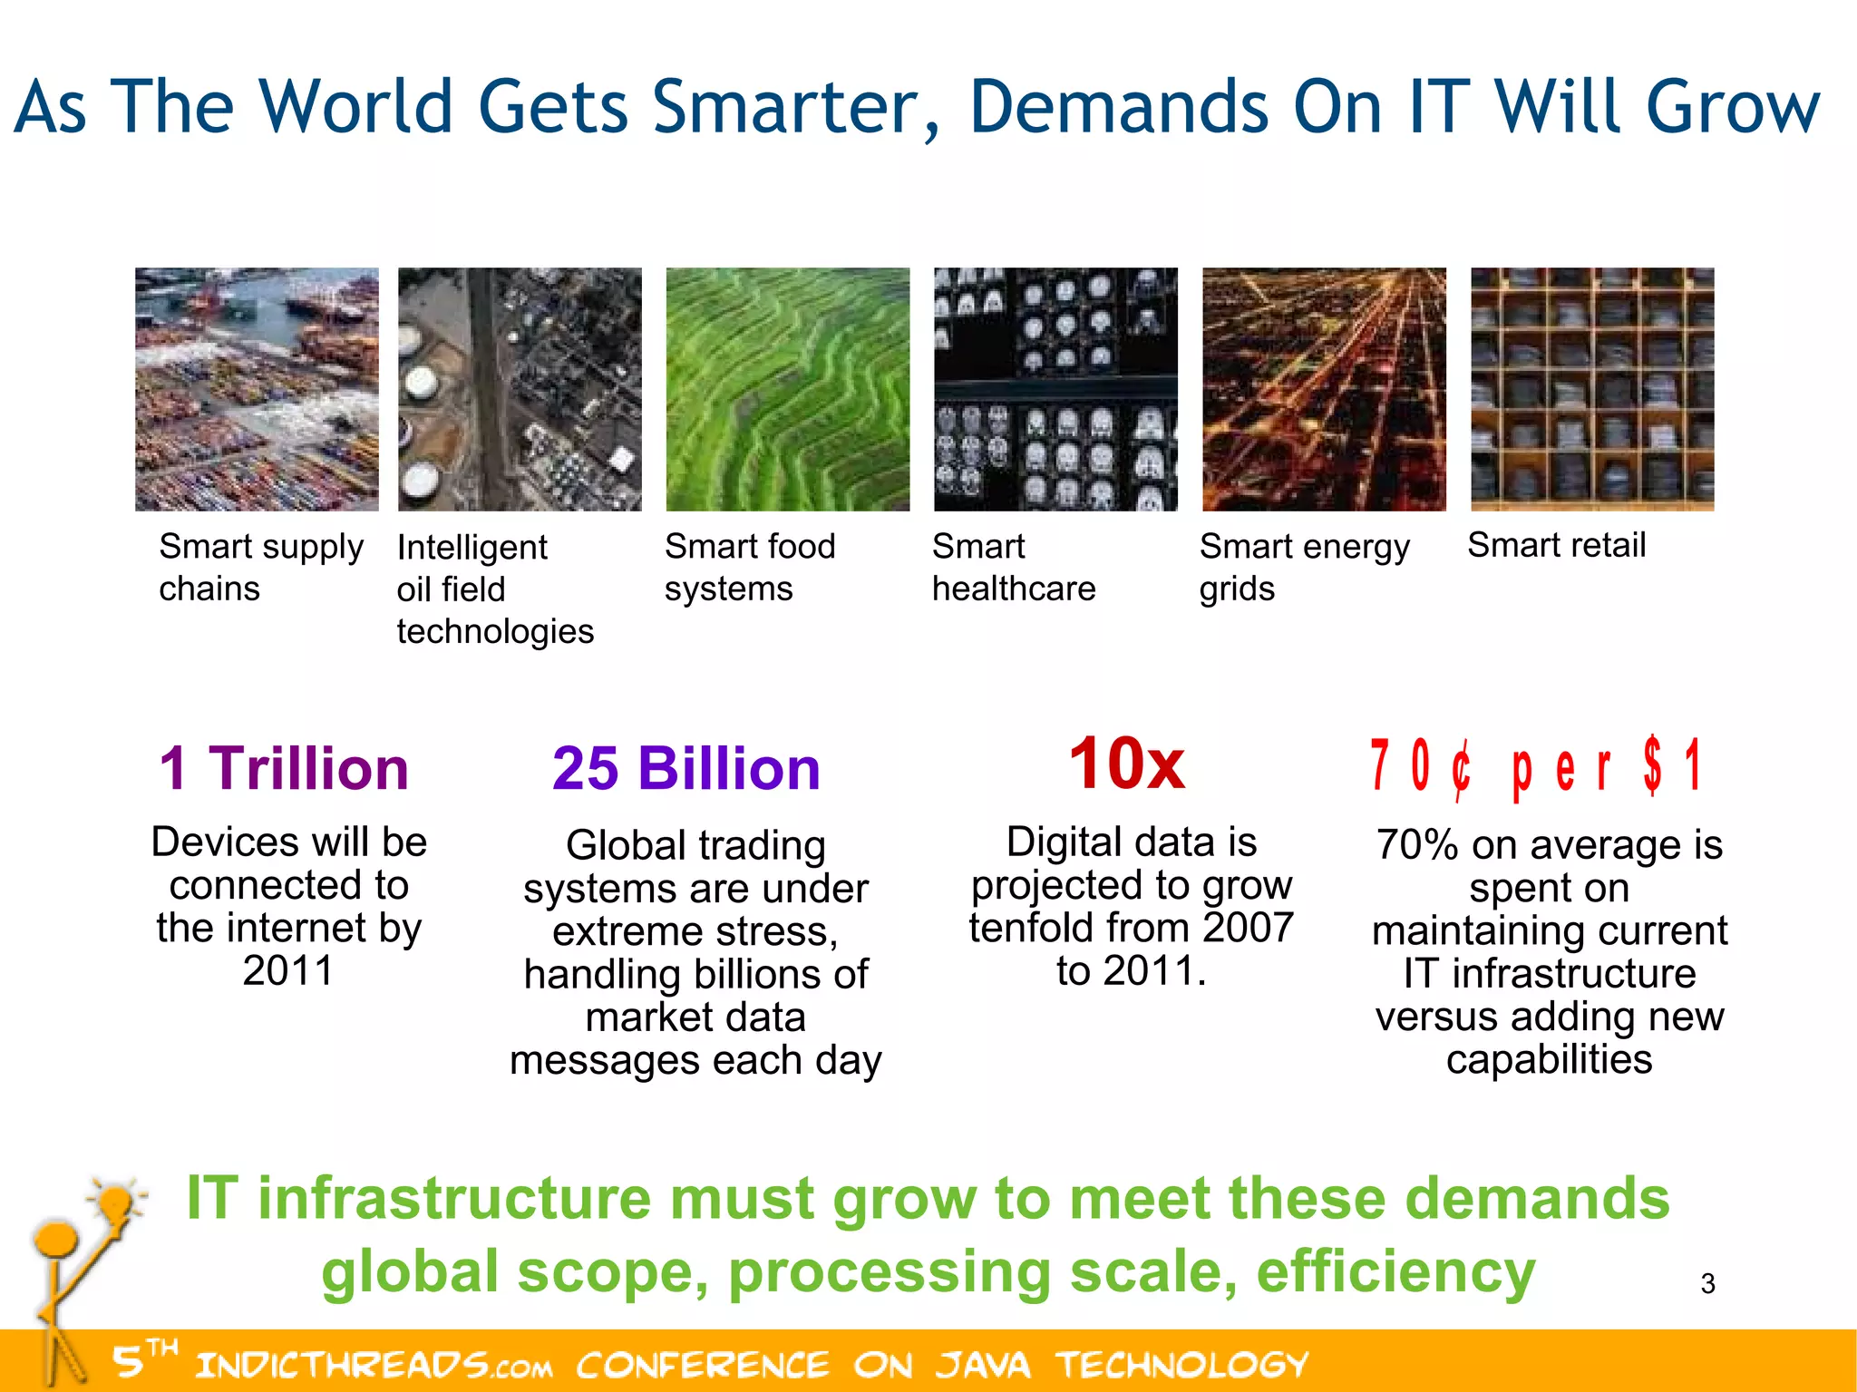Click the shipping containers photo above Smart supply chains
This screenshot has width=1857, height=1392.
[257, 389]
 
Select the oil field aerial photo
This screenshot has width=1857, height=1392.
[520, 389]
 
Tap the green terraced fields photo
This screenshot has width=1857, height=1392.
[787, 389]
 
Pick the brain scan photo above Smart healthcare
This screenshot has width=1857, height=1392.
[1055, 389]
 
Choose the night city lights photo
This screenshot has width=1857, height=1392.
[1324, 389]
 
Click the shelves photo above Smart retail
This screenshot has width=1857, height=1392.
[1592, 389]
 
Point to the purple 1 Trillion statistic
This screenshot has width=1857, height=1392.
[284, 769]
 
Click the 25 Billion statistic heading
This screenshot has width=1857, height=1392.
[686, 769]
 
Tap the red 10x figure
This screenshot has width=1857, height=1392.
[1126, 764]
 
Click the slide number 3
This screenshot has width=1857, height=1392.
[1707, 1284]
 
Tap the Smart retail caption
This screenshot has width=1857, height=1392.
[1556, 545]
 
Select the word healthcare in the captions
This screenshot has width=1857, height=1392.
[1014, 589]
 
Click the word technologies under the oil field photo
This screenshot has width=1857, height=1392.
[495, 631]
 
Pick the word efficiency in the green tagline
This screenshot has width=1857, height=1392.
[1395, 1271]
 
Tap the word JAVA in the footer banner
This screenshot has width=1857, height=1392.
[983, 1365]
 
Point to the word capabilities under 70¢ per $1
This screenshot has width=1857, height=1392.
[1549, 1059]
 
